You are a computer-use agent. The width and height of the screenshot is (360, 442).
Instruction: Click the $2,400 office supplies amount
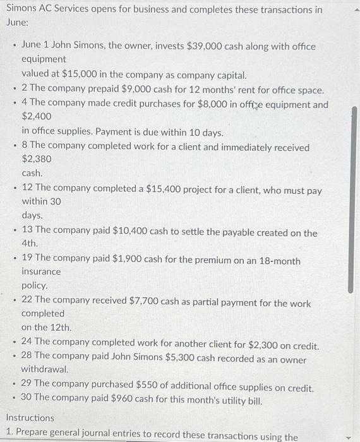pos(37,117)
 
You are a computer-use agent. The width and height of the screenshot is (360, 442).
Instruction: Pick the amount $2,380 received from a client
pos(37,159)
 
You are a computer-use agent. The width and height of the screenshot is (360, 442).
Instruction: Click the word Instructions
pos(30,418)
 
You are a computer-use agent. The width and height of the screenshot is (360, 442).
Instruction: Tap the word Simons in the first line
pos(21,10)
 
